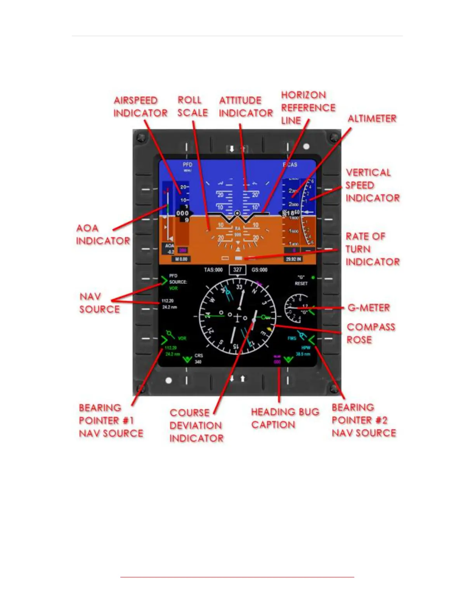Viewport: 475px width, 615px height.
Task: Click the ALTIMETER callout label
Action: (372, 118)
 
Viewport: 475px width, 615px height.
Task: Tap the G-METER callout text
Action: (369, 308)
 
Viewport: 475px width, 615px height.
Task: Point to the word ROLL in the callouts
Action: (189, 100)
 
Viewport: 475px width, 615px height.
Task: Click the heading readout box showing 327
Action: (237, 270)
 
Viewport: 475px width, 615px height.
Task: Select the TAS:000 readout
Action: (213, 270)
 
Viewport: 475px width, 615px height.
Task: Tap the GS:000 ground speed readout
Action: (260, 270)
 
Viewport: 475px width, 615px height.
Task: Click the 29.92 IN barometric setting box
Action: (294, 259)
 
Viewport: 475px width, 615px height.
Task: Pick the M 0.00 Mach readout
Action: (181, 259)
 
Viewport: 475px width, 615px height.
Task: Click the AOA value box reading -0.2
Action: (170, 249)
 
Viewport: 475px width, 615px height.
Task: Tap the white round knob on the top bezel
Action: (306, 146)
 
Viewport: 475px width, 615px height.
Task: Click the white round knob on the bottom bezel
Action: (168, 380)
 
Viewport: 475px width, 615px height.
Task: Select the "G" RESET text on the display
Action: (301, 280)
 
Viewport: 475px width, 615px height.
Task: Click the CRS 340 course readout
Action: (198, 358)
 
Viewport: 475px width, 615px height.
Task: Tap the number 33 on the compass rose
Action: (239, 287)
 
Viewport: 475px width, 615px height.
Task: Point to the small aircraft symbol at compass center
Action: (237, 317)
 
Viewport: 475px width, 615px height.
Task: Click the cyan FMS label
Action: (292, 338)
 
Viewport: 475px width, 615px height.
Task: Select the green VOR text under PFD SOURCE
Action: (173, 288)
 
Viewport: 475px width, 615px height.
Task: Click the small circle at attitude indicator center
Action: (237, 213)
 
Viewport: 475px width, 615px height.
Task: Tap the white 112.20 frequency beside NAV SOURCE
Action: (168, 301)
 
